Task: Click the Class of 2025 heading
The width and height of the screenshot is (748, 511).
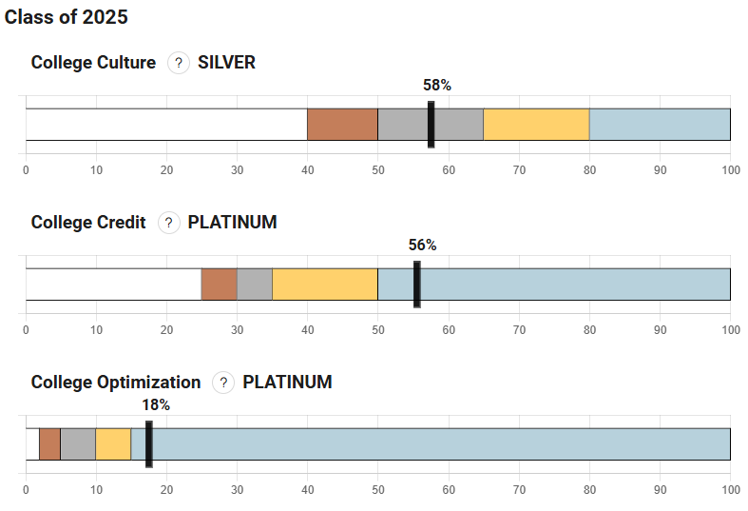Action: tap(66, 17)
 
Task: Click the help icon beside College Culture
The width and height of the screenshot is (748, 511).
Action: tap(178, 63)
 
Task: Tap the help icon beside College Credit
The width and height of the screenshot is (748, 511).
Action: tap(168, 223)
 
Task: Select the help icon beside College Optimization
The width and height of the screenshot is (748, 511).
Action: tap(222, 383)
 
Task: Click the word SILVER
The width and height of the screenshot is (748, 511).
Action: tap(226, 63)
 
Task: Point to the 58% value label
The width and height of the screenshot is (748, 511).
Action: tap(437, 85)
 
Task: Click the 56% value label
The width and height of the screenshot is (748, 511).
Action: tap(423, 245)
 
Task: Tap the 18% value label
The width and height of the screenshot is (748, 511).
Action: tap(156, 404)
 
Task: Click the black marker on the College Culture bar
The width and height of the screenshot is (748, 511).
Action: tap(432, 125)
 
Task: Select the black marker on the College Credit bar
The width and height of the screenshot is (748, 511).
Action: tap(417, 285)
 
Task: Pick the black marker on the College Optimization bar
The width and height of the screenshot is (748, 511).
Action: tap(149, 444)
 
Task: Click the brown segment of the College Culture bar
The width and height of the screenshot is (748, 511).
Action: tap(342, 125)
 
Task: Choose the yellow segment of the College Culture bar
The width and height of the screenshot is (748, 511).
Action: tap(536, 125)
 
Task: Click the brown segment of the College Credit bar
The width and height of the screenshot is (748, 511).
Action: tap(219, 285)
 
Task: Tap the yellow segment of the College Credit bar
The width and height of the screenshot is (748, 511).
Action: tap(325, 285)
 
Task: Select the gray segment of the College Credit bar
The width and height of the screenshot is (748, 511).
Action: tap(255, 285)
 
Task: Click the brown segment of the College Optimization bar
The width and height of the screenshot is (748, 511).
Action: tap(49, 444)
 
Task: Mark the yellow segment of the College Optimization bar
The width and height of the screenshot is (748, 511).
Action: tap(113, 444)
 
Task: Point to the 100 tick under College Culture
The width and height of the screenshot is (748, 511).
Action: tap(730, 170)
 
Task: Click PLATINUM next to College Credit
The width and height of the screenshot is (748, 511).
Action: tap(232, 223)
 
